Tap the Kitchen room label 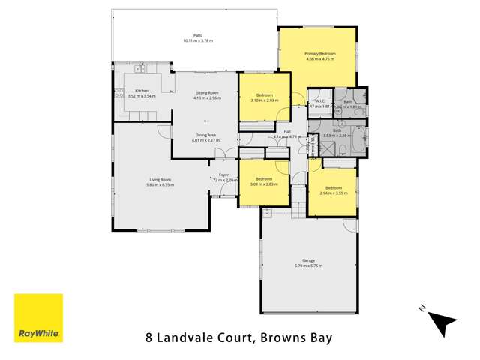tap(121, 91)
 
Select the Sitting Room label tap(205, 93)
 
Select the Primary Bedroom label tap(319, 54)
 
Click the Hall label tap(287, 133)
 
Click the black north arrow tap(443, 323)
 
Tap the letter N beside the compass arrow tap(422, 308)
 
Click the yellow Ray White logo tap(39, 318)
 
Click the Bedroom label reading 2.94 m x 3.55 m tap(334, 190)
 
